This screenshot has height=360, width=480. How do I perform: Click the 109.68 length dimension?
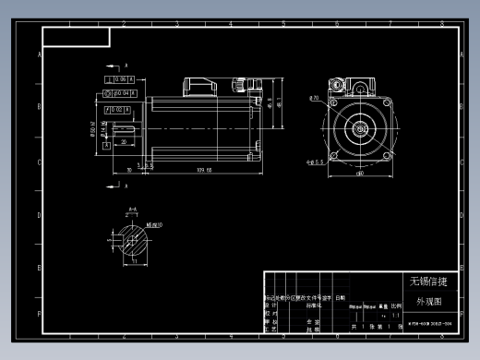click(x=205, y=170)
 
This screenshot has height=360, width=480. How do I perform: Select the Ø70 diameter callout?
click(x=315, y=98)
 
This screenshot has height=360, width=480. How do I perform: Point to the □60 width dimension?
click(x=359, y=173)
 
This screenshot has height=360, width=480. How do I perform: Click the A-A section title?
click(x=133, y=210)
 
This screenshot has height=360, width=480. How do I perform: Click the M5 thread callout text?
click(x=154, y=224)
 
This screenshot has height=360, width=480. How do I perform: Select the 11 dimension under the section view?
click(x=134, y=262)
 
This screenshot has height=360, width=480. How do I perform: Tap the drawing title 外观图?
click(x=428, y=301)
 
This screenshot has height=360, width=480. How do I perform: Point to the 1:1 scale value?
click(x=396, y=316)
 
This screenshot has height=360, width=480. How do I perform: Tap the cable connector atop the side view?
click(x=200, y=87)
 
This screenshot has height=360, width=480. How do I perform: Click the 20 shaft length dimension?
click(x=123, y=143)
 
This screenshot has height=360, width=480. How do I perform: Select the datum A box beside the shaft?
click(x=107, y=144)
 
